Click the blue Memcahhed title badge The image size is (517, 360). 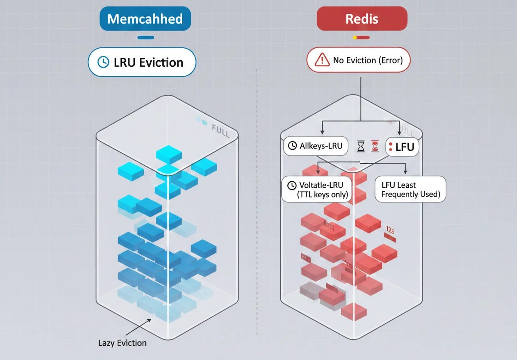145,19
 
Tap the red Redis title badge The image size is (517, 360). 361,19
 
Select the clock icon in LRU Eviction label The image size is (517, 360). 103,62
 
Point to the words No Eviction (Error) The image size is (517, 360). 368,60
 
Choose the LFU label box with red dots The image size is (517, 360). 401,147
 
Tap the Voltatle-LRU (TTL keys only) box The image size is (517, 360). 317,189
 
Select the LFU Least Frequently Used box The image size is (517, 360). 410,189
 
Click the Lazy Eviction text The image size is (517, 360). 122,343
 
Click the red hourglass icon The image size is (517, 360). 375,146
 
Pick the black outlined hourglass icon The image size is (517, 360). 361,146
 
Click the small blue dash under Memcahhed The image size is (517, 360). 145,38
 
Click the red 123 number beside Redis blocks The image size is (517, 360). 389,230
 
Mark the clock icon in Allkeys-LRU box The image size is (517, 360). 292,146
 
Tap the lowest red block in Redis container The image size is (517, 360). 353,311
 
